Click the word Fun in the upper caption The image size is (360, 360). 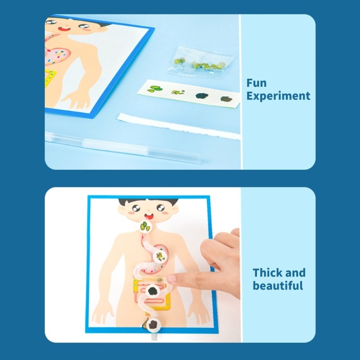coord(256,83)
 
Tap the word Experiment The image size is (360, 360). coord(278,96)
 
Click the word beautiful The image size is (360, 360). coord(278,286)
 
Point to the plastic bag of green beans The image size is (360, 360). coord(199,62)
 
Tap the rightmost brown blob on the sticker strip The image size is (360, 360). coord(226,99)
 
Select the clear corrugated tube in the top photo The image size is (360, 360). coord(123,147)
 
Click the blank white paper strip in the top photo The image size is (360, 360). coord(178,126)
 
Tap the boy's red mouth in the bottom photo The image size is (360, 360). coord(149,216)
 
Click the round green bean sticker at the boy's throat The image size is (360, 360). coord(146,226)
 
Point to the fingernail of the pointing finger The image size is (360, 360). coord(171,279)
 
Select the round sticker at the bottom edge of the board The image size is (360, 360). coord(153,325)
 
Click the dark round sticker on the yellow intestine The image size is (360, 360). coord(153,291)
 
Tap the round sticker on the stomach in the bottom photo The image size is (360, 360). coord(160,256)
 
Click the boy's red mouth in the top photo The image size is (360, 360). coord(64,29)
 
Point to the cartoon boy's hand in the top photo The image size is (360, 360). coord(75,99)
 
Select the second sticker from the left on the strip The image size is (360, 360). coord(178,92)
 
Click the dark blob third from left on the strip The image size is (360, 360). coord(202,95)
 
